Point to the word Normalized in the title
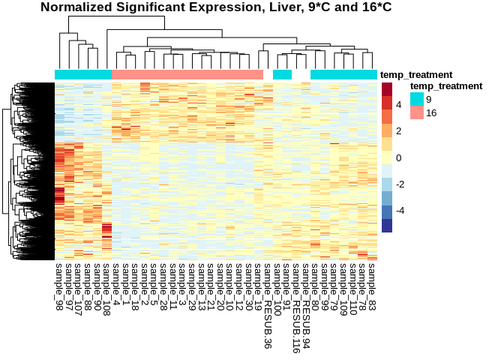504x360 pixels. pos(76,7)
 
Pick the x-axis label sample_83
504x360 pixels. pos(373,286)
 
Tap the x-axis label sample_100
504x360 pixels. pos(277,286)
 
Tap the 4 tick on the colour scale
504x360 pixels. pos(399,105)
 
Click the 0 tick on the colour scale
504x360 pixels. pos(399,157)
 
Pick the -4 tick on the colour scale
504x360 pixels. pos(400,211)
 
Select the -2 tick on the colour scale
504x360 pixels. pos(400,184)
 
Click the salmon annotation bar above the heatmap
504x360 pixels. pos(187,75)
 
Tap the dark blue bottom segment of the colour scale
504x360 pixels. pos(387,225)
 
